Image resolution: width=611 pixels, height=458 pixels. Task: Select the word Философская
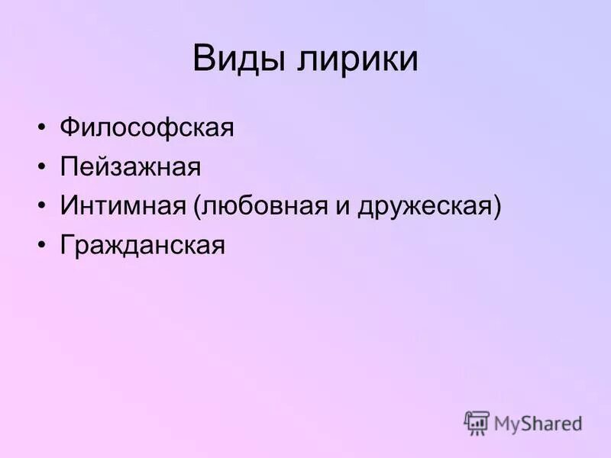coord(147,127)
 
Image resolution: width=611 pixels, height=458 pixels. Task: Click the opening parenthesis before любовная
coord(197,207)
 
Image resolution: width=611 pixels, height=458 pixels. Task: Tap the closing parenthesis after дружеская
coord(497,207)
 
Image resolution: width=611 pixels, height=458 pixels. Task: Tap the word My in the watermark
coord(508,424)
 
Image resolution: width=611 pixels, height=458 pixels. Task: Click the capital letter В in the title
coord(203,59)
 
